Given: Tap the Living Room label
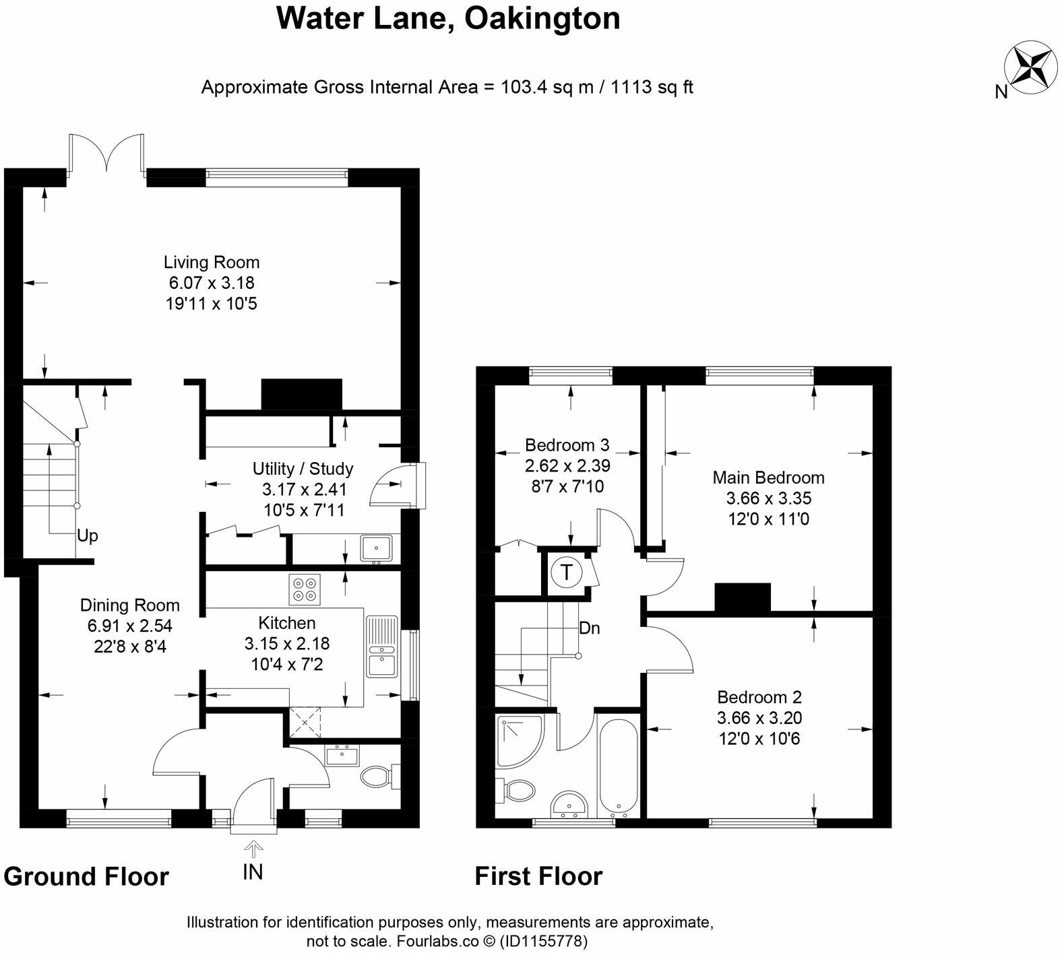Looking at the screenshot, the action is click(x=211, y=262).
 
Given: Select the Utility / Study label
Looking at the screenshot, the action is click(x=303, y=469).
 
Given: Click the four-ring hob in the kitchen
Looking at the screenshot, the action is click(x=304, y=589).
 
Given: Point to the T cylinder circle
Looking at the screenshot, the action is click(x=567, y=572).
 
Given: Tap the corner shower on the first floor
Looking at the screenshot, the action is click(x=518, y=741).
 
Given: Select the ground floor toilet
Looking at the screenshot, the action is click(x=377, y=777).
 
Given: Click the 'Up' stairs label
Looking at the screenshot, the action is click(x=88, y=536).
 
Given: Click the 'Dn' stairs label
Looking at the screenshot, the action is click(x=589, y=628).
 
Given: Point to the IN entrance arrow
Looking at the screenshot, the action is click(x=253, y=847).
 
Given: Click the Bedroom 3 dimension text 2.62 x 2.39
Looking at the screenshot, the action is click(x=567, y=465).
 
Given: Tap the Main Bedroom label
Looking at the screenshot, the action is click(x=768, y=478).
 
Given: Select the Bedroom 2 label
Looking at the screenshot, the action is click(x=759, y=697).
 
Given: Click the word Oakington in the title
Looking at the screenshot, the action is click(x=542, y=18).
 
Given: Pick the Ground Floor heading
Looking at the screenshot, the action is click(x=86, y=877).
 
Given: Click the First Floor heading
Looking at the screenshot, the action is click(x=538, y=876).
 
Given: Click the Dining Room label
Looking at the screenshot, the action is click(x=129, y=605).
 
